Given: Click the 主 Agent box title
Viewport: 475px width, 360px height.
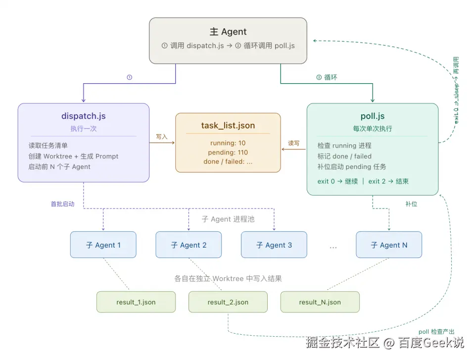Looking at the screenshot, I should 228,32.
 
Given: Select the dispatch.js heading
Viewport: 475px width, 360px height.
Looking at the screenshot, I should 83,116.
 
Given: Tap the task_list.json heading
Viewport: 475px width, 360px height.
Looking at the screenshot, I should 228,125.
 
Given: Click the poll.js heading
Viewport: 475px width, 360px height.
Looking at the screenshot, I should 372,116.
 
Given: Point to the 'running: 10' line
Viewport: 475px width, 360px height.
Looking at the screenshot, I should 228,143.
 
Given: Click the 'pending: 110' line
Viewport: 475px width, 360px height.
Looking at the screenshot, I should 228,153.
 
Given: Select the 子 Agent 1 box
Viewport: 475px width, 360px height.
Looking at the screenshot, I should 103,245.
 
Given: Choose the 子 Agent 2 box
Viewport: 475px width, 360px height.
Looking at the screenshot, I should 189,245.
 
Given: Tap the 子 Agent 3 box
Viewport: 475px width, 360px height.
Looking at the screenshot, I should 274,245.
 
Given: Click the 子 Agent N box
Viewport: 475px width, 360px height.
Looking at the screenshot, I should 389,245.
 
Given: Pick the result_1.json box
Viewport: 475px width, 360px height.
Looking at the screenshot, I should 136,302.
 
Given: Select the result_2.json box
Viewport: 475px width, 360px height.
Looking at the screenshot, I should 228,302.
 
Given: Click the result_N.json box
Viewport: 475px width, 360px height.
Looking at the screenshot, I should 320,302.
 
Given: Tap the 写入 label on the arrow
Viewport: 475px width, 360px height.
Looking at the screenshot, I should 162,136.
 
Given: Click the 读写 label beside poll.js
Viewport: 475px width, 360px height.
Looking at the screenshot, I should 294,143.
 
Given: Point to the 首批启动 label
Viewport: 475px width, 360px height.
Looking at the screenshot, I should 63,204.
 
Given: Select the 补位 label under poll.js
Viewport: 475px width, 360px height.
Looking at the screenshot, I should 411,204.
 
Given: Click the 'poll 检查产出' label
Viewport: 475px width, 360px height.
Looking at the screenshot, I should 436,332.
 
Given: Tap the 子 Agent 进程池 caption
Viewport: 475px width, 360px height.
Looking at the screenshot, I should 228,219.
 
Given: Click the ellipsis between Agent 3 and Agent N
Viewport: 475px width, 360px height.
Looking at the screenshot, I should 333,246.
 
